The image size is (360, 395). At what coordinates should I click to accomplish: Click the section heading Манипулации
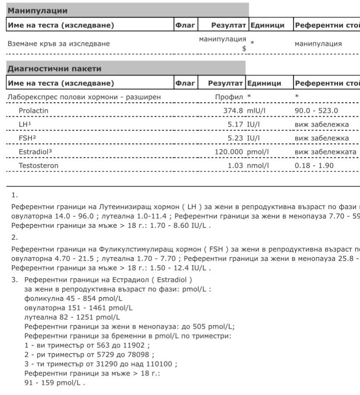(x=38, y=11)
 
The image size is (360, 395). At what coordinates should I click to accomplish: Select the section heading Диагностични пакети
(x=54, y=68)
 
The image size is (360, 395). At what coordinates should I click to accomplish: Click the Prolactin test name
(x=34, y=110)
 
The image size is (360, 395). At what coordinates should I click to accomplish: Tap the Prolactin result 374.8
(x=233, y=110)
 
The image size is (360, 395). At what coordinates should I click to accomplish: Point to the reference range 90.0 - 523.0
(x=316, y=110)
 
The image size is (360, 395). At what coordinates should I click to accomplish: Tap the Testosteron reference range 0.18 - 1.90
(x=314, y=166)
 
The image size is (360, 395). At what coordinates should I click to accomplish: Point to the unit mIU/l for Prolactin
(x=257, y=110)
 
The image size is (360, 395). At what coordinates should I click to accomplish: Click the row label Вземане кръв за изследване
(x=59, y=43)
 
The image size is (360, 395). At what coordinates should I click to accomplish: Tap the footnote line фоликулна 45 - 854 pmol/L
(x=74, y=299)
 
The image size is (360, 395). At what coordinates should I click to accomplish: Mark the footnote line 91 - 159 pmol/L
(x=55, y=382)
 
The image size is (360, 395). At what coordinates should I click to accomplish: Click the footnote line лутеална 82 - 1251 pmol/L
(x=72, y=317)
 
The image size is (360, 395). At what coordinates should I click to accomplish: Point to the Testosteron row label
(x=39, y=166)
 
